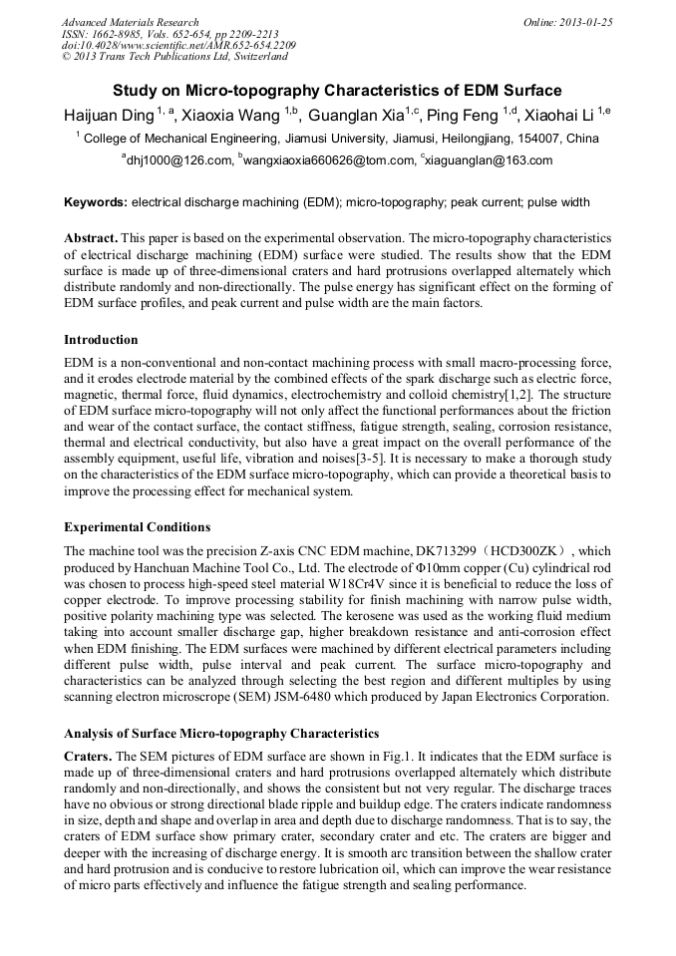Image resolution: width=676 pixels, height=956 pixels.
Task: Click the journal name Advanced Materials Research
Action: (x=130, y=22)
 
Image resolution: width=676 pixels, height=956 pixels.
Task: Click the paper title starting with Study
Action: (x=337, y=90)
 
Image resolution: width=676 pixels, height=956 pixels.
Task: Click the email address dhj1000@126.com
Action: (x=178, y=160)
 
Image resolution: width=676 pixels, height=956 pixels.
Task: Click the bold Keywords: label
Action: (x=96, y=202)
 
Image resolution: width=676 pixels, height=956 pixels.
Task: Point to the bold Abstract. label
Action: (x=92, y=239)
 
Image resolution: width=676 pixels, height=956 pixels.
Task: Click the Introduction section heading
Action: (x=101, y=340)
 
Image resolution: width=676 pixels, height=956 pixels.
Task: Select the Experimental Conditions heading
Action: (x=137, y=526)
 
